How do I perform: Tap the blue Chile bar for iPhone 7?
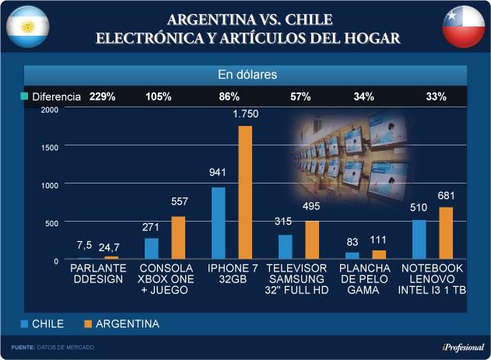coord(219,223)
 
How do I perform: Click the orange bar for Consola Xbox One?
coord(178,238)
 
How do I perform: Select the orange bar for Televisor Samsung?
coord(311,240)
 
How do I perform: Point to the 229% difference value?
coord(102,97)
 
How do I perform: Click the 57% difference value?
coord(300,97)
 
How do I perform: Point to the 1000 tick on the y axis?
coord(49,185)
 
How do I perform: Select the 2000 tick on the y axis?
coord(49,110)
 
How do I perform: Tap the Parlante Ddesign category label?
coord(97,273)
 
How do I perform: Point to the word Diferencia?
coord(55,97)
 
